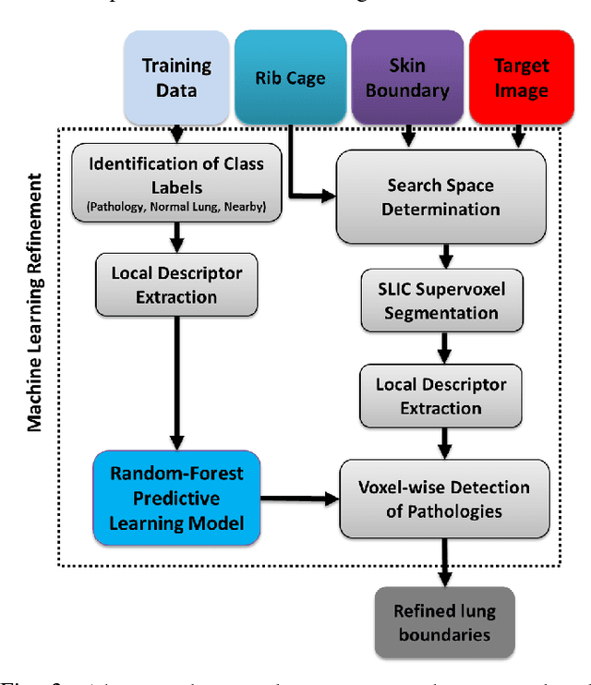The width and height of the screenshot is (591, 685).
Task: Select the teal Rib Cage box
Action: pyautogui.click(x=290, y=78)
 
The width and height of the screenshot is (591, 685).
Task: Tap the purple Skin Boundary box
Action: pyautogui.click(x=406, y=78)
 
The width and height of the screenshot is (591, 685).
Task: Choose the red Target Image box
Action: pyautogui.click(x=520, y=78)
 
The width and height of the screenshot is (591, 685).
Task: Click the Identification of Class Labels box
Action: pyautogui.click(x=175, y=185)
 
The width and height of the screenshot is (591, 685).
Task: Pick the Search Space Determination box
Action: pyautogui.click(x=440, y=197)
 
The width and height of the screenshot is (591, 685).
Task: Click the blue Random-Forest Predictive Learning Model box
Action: pyautogui.click(x=176, y=499)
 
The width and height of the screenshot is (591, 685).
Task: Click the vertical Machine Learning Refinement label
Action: pyautogui.click(x=34, y=305)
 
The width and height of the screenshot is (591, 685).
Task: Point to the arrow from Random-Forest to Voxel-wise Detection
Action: pyautogui.click(x=299, y=499)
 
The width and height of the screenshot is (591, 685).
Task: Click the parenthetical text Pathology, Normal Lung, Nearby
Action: pyautogui.click(x=175, y=206)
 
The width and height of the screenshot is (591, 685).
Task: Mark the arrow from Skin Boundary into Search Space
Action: pyautogui.click(x=406, y=136)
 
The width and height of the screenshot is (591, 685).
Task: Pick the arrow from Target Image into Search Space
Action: pyautogui.click(x=520, y=136)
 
